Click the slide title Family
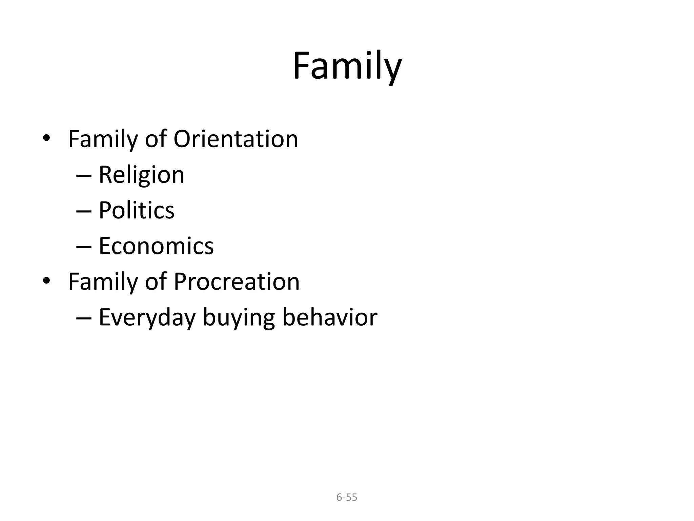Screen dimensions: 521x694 click(x=347, y=66)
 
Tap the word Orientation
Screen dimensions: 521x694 click(x=236, y=139)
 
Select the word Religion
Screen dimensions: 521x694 click(x=141, y=175)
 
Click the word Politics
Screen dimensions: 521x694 click(x=136, y=211)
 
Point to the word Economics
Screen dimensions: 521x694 click(x=156, y=246)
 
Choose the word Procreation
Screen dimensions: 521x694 click(x=237, y=282)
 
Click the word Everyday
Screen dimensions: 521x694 click(x=147, y=318)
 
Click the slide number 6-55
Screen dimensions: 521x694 click(x=347, y=497)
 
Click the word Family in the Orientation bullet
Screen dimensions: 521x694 click(x=104, y=139)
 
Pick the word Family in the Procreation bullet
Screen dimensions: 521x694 click(x=104, y=282)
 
